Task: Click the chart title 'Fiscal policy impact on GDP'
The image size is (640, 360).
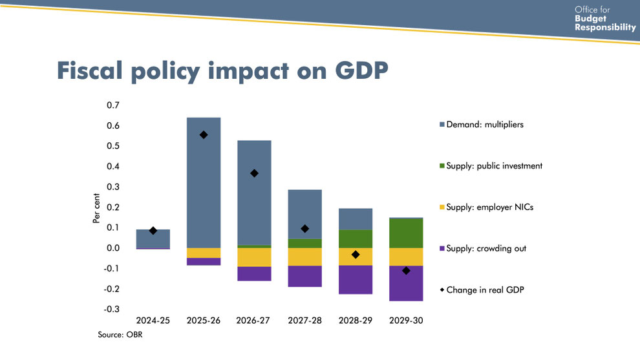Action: [222, 71]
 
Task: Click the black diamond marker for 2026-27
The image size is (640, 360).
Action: [254, 173]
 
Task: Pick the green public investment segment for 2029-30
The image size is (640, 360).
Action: [406, 233]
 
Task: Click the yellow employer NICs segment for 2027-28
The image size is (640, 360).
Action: [304, 257]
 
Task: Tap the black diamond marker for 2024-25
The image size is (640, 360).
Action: [153, 231]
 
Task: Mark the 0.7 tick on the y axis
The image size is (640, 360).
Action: [113, 105]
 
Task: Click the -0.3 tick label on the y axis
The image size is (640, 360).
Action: [112, 310]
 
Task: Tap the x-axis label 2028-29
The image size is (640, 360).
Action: [356, 321]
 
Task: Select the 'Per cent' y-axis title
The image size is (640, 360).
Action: [96, 207]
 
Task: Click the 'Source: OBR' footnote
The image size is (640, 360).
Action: [120, 335]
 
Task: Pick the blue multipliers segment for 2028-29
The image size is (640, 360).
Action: [356, 219]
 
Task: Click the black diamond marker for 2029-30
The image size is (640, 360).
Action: [406, 271]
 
